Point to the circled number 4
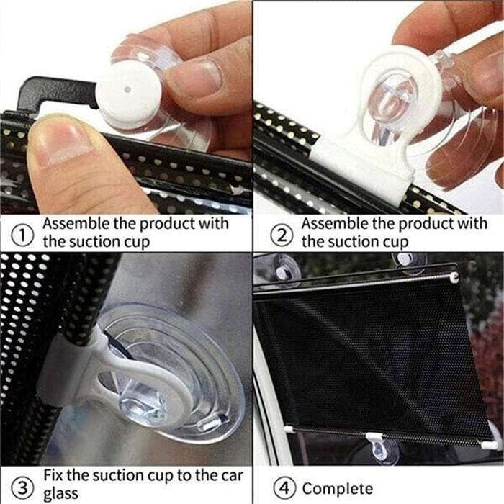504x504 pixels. point(283,487)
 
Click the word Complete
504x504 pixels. point(338,488)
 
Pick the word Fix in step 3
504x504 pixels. point(54,475)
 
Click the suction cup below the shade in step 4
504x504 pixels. point(385,453)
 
